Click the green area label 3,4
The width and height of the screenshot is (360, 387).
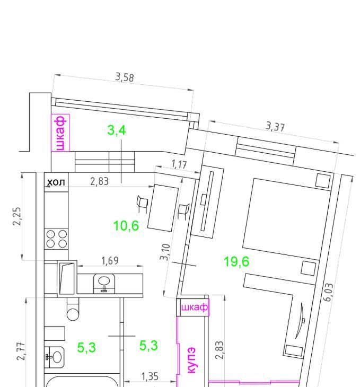pos(117,130)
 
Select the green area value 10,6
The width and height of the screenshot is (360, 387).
pos(126,226)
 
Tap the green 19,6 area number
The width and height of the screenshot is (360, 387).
pos(236,261)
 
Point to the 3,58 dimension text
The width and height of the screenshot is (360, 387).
pos(125,77)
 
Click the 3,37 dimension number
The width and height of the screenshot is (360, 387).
pos(275,127)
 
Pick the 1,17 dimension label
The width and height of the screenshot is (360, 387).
pos(179,164)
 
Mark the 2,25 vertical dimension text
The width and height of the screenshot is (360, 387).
pos(17,216)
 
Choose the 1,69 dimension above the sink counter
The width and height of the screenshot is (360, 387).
pos(110,261)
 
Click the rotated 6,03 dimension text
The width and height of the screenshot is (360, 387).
pos(328,293)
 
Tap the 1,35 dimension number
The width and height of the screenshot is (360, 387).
pos(150,376)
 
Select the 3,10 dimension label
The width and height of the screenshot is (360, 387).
pos(165,252)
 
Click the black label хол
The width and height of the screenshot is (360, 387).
pos(56,182)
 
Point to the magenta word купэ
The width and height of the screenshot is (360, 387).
pos(191,360)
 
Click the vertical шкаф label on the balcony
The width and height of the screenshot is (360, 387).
pos(60,133)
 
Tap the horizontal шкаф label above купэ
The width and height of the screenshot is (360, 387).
pos(195,307)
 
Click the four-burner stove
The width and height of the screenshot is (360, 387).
pos(57,239)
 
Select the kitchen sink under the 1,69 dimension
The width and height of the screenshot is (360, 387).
pos(104,283)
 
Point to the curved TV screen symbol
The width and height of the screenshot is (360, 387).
pos(300,321)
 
